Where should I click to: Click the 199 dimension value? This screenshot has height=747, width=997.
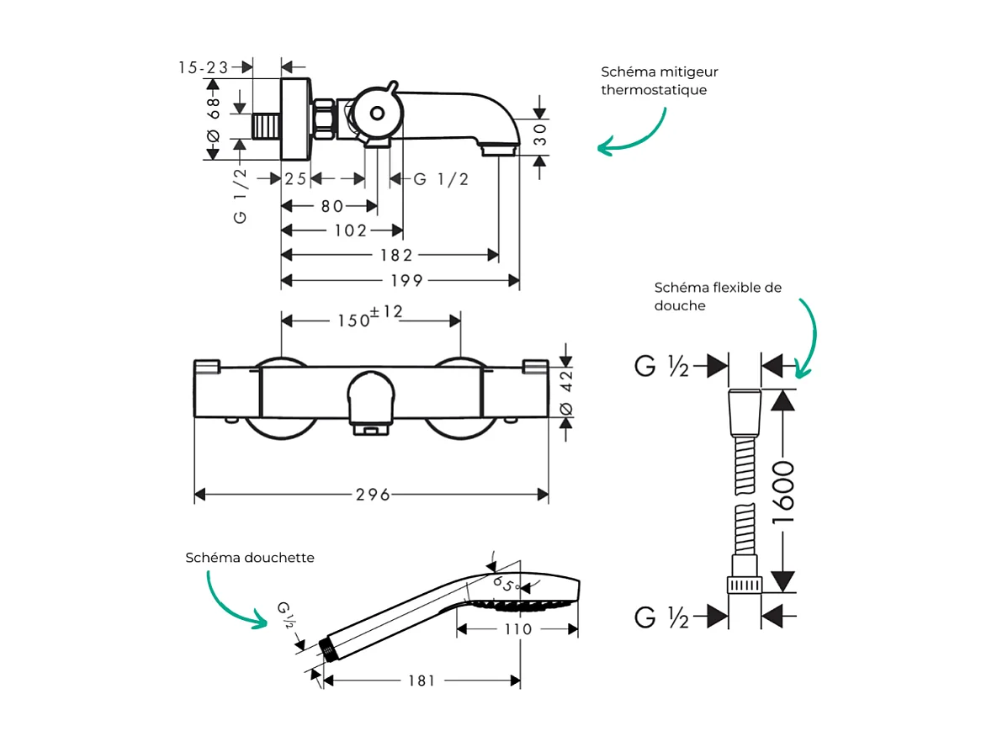pos(400,280)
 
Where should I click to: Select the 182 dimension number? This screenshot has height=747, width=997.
pos(396,255)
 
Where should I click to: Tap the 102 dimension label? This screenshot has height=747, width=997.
pos(351,230)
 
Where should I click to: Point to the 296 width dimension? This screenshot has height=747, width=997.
pos(373,495)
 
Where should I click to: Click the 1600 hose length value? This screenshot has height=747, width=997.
pos(783,492)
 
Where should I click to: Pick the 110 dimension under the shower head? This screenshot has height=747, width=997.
pos(518,629)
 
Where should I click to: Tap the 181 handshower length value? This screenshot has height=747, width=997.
pos(422,680)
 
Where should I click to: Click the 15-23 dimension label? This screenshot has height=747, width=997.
pos(204,67)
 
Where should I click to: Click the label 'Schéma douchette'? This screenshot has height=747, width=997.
pos(250,558)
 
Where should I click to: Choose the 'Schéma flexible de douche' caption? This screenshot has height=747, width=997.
pos(717,296)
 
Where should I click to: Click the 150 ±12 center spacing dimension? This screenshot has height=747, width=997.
pos(370,317)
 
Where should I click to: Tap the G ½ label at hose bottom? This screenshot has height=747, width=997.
pos(661,618)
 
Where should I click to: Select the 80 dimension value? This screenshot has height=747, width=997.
pos(331,206)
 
